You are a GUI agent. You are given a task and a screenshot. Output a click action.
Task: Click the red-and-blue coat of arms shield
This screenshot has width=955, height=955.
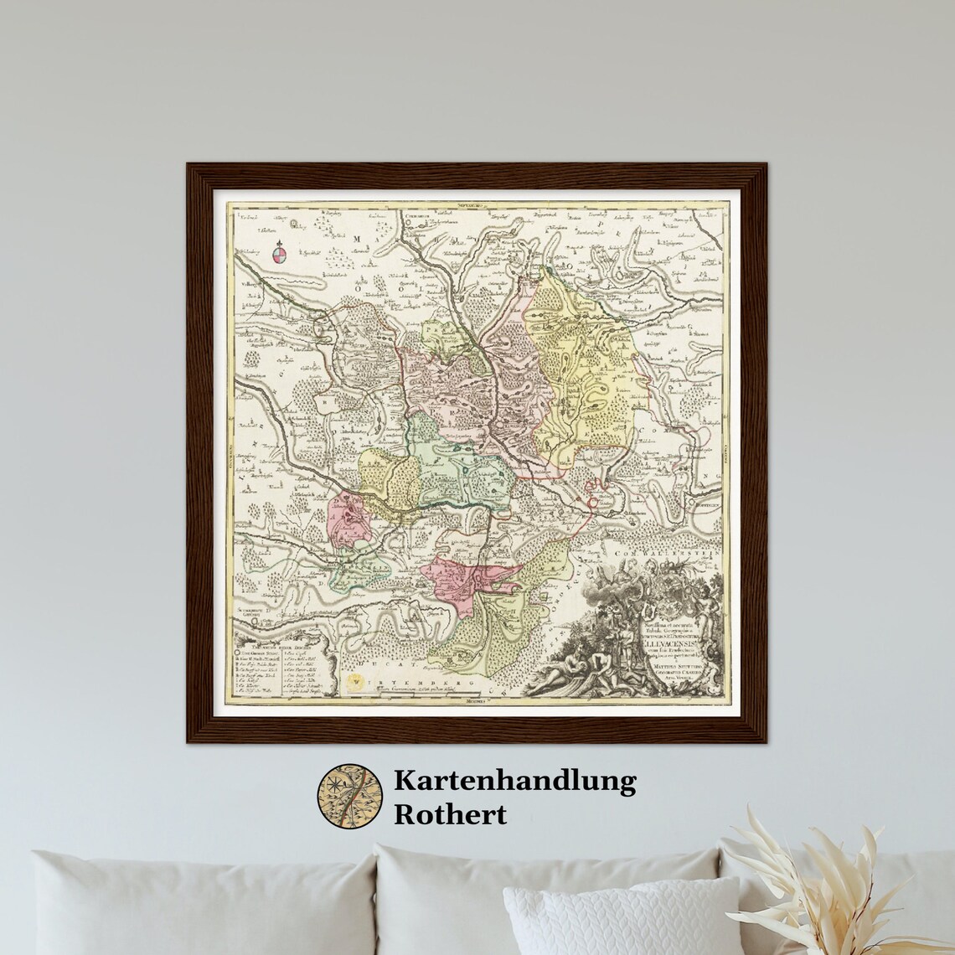click(279, 253)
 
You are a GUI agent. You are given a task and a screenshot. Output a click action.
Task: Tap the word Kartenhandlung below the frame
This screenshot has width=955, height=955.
click(514, 782)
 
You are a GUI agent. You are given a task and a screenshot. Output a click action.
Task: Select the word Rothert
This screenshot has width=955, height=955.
click(450, 814)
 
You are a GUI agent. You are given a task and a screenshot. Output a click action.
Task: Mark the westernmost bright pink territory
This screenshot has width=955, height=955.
click(345, 519)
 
